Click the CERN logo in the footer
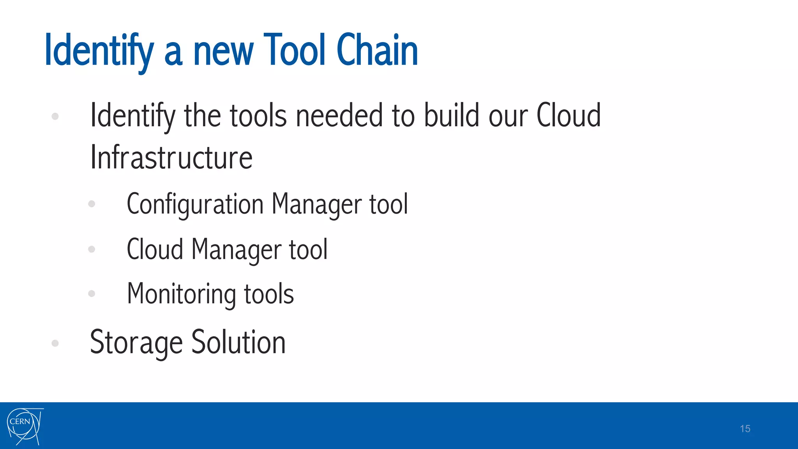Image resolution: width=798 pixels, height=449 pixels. click(25, 426)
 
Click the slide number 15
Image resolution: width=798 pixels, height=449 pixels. click(745, 429)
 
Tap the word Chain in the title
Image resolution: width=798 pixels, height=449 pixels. click(377, 50)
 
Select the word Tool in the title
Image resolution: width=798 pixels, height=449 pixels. click(294, 50)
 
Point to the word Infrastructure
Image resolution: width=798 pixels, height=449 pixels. click(171, 157)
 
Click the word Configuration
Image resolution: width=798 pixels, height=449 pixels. click(195, 204)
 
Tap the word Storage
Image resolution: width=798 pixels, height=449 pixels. click(136, 343)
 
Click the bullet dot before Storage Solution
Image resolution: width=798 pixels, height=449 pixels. click(55, 343)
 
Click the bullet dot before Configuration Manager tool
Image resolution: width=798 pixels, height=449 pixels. click(92, 203)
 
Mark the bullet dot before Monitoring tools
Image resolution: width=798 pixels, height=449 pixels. click(92, 293)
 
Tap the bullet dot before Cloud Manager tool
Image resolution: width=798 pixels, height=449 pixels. click(92, 249)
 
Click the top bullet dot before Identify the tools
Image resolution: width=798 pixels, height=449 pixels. click(55, 116)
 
